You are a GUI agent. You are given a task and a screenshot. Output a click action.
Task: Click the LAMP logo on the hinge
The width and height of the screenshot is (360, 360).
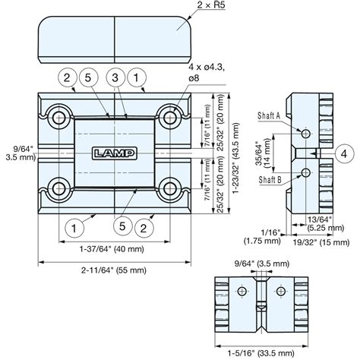113,153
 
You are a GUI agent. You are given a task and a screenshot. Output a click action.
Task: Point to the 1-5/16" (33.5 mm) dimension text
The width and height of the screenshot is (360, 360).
262,352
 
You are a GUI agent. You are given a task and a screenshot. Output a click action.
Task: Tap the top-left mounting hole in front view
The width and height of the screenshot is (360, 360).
58,116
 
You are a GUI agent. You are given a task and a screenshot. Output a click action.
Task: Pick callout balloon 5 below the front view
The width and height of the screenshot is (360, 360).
123,225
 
